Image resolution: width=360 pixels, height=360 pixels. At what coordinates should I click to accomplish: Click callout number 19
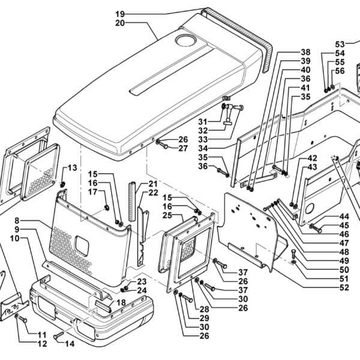click(x=119, y=13)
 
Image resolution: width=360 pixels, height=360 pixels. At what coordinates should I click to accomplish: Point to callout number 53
click(x=340, y=44)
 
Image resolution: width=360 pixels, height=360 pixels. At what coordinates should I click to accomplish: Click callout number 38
click(x=305, y=52)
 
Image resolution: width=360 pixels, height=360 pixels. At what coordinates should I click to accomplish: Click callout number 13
click(x=72, y=167)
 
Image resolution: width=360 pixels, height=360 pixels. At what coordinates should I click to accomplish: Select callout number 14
click(x=70, y=344)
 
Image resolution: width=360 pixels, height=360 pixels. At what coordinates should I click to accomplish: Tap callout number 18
click(x=122, y=302)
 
